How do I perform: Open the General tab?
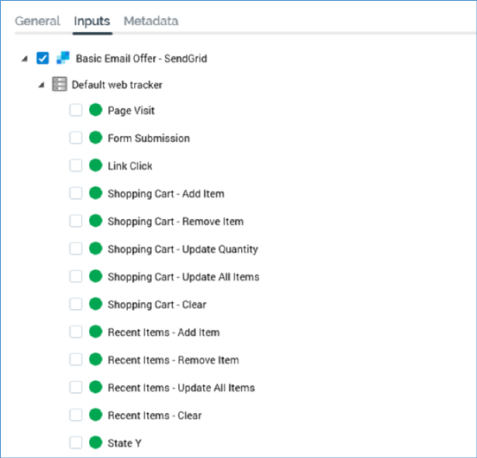coord(37,21)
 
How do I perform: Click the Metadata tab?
coord(151,21)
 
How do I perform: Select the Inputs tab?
coord(92,22)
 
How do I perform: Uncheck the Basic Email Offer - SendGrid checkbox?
coord(42,58)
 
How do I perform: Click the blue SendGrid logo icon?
coord(63,58)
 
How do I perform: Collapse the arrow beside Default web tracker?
coord(41,85)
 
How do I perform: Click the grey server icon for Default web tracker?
coord(60,84)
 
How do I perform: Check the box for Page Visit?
coord(76,110)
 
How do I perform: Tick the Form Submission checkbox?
coord(76,138)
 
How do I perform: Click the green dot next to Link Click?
coord(96,165)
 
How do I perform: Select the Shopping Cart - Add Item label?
coord(166,194)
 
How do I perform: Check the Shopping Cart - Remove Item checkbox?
coord(76,221)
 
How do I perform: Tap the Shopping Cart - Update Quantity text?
coord(183,249)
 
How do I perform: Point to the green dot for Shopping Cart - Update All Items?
coord(96,276)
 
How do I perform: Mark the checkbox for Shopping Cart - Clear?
coord(76,304)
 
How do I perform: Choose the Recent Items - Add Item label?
coord(163,332)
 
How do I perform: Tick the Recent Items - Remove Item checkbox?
coord(76,359)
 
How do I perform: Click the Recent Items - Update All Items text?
coord(181,388)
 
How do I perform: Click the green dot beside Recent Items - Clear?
coord(96,415)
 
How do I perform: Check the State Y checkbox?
coord(76,442)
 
